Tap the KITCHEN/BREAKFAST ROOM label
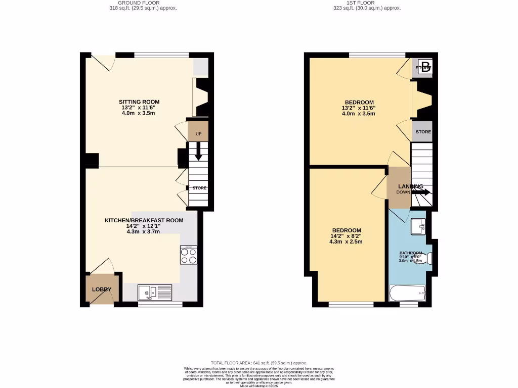(x=144, y=220)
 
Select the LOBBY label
(x=101, y=289)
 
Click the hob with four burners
(x=188, y=256)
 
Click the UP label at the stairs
(x=198, y=134)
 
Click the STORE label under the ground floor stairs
(x=199, y=188)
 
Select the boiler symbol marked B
(x=426, y=67)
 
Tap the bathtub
(x=408, y=293)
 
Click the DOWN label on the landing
(x=404, y=192)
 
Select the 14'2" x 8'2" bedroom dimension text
(x=346, y=236)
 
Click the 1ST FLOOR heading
(x=361, y=3)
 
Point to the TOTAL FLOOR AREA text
(x=259, y=363)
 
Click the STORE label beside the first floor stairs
(x=423, y=132)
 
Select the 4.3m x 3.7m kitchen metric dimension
(x=144, y=232)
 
